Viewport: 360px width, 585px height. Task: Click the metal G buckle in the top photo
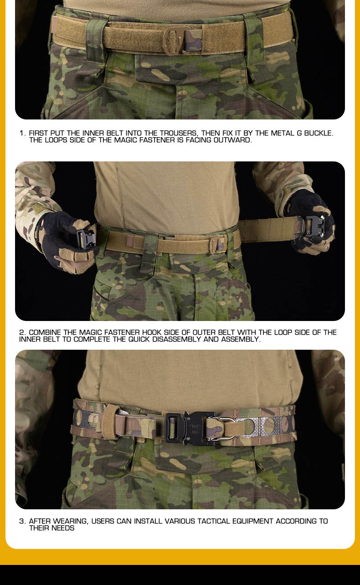click(177, 40)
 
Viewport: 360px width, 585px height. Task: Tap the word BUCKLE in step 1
click(319, 133)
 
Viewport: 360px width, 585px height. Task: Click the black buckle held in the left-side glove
click(87, 238)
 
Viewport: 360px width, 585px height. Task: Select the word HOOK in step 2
click(152, 332)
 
